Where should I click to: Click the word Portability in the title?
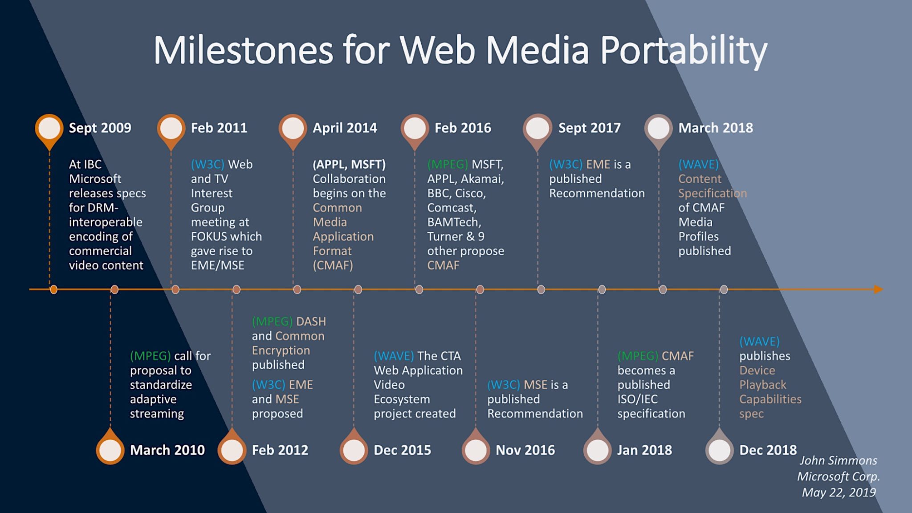click(684, 50)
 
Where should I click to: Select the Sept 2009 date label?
click(100, 128)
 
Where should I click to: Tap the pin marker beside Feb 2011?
click(171, 129)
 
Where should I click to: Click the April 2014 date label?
click(345, 128)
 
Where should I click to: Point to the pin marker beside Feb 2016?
click(415, 129)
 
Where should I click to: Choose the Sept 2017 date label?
click(589, 128)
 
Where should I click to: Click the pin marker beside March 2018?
click(659, 129)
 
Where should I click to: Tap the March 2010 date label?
click(167, 450)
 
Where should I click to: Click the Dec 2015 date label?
click(402, 450)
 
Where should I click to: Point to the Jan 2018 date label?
click(644, 450)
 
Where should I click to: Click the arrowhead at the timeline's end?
click(878, 289)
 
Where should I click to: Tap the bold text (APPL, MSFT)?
click(349, 164)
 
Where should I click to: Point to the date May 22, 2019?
click(839, 493)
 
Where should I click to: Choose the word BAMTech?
click(454, 222)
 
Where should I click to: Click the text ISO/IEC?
click(637, 399)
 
